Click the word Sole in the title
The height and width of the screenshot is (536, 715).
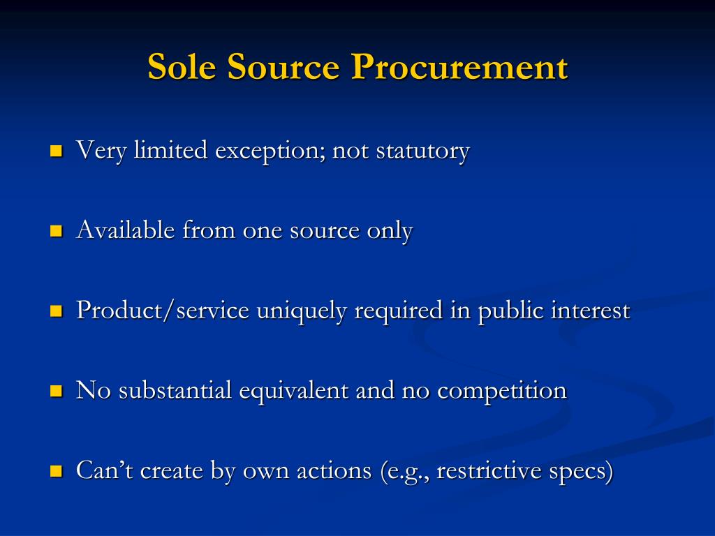182,68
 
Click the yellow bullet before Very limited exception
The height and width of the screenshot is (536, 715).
57,151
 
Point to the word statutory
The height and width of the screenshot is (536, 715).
422,151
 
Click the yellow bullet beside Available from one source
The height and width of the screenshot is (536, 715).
57,231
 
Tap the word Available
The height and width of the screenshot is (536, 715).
126,230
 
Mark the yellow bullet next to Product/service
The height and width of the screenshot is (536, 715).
57,311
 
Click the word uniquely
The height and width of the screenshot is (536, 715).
301,311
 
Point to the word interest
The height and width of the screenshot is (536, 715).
590,311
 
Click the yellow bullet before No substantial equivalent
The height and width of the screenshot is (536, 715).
57,392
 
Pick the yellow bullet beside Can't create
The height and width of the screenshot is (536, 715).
57,472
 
